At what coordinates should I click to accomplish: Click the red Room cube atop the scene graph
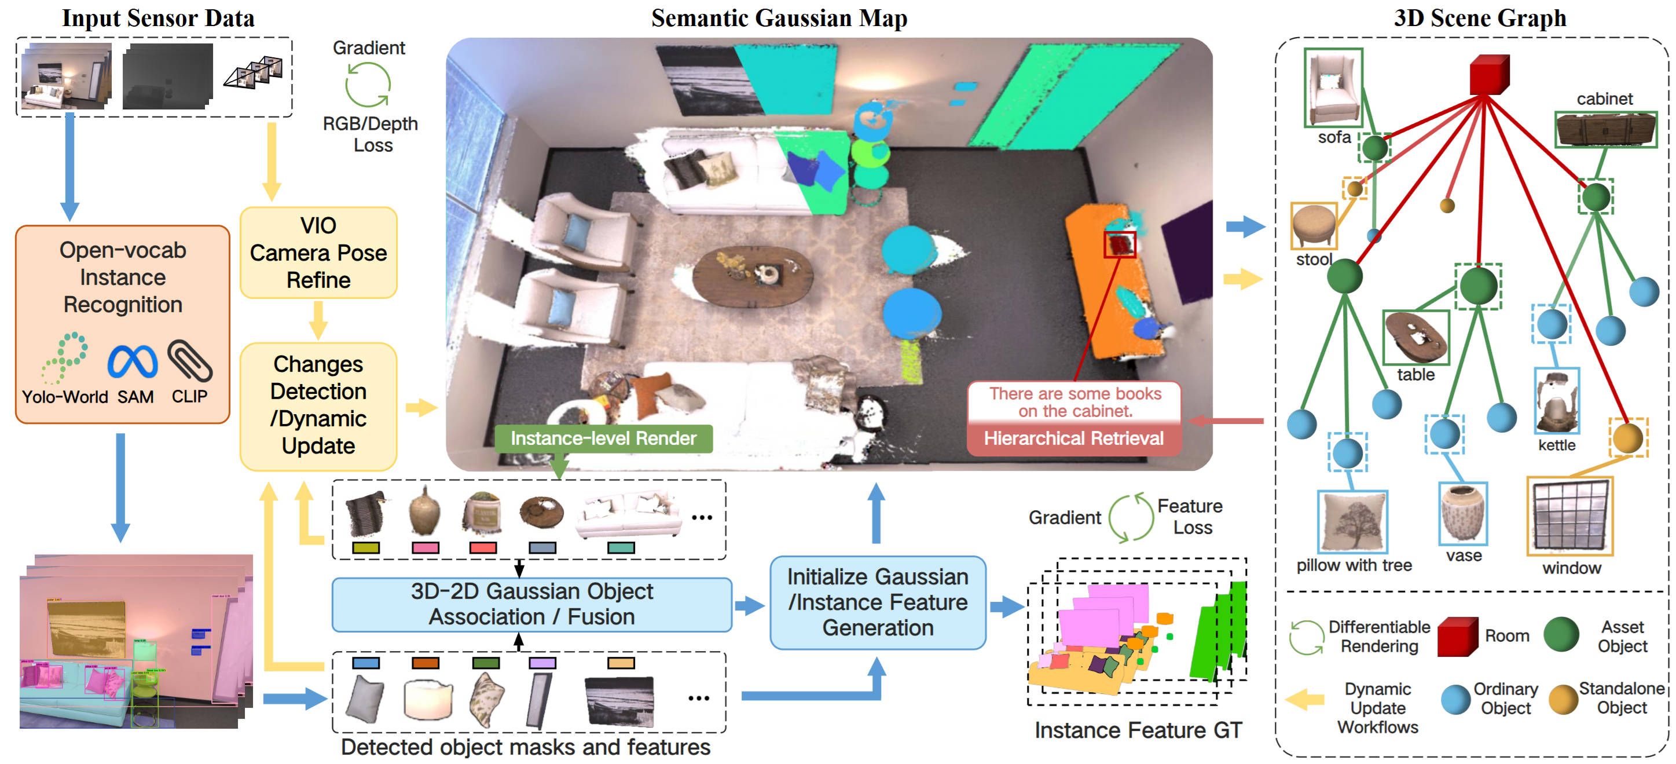point(1488,74)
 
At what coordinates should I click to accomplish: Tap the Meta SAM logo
point(133,362)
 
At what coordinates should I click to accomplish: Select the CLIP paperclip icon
point(189,360)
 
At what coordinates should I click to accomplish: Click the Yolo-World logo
point(64,358)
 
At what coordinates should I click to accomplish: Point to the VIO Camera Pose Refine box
point(318,253)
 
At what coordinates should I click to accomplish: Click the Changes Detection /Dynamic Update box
point(318,405)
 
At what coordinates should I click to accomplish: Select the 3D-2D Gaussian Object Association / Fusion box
point(531,604)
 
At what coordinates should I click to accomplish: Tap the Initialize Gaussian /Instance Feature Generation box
point(877,602)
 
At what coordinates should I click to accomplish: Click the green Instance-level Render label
point(603,438)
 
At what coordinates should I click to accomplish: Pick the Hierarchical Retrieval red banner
point(1073,438)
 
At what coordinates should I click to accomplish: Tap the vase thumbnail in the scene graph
point(1462,513)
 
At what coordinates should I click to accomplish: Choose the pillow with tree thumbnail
point(1352,522)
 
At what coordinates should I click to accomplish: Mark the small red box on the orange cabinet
point(1119,244)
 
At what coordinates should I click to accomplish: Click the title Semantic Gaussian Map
point(779,17)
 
